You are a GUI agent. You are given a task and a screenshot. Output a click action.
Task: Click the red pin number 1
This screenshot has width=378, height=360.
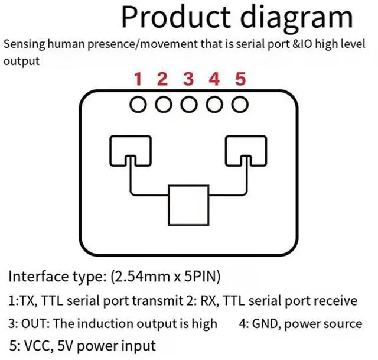click(x=138, y=79)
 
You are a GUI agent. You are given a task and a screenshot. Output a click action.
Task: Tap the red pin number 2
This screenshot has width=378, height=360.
click(x=162, y=79)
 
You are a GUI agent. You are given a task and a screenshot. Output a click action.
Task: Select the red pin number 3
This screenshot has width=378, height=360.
click(x=188, y=79)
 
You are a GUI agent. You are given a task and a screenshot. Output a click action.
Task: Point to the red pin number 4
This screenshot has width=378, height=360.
click(x=214, y=79)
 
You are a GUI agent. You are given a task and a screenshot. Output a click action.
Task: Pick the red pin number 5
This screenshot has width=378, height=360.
click(x=239, y=79)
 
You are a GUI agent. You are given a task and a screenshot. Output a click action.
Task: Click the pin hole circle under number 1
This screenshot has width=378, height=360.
click(x=138, y=105)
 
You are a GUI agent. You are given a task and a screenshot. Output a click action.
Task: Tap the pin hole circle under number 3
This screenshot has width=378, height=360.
click(x=188, y=105)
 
